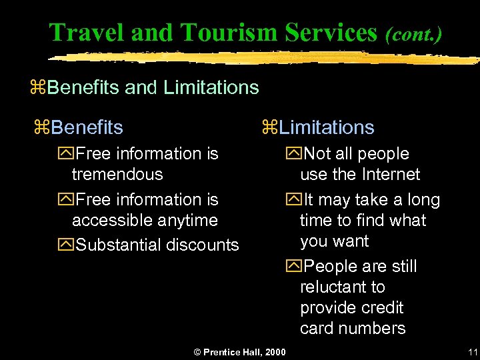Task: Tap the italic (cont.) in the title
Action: click(413, 33)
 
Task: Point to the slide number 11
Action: click(473, 352)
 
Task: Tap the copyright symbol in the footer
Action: click(197, 352)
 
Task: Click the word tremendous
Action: click(117, 175)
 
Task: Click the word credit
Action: click(380, 308)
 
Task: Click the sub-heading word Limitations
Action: click(327, 127)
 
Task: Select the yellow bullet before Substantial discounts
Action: click(67, 245)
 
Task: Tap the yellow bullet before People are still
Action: click(295, 267)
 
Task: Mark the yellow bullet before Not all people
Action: click(295, 154)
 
